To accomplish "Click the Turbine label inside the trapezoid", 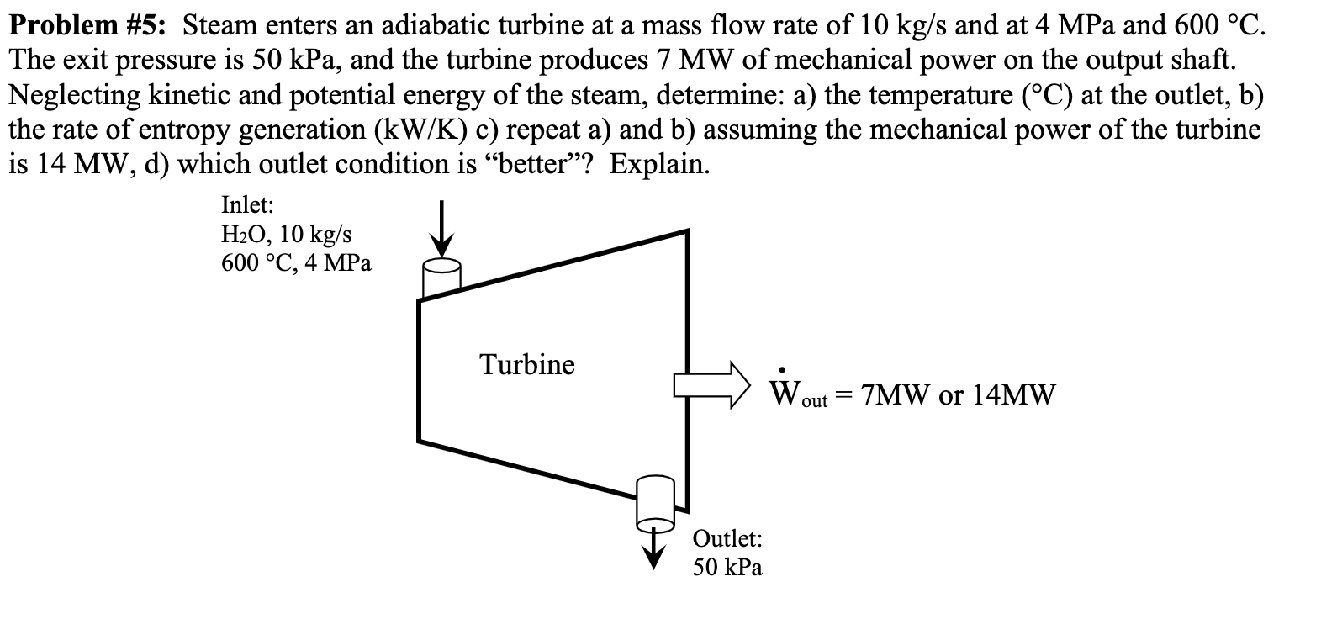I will [527, 365].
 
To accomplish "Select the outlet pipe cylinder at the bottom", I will [656, 500].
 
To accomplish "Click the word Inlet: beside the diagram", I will [247, 204].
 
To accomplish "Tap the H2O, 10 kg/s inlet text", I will [286, 234].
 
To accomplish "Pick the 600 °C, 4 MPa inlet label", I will [296, 262].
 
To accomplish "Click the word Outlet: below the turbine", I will [727, 538].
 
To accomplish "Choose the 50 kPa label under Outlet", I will [727, 567].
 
